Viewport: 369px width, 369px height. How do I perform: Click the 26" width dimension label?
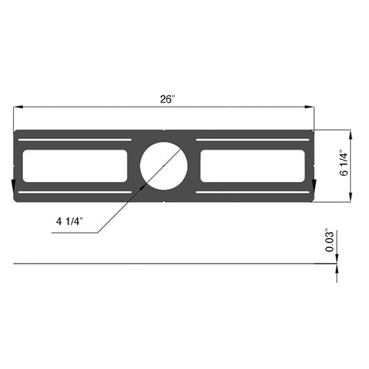(166, 99)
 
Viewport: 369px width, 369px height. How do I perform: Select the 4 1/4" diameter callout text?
(69, 222)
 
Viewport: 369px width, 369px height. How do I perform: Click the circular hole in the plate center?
(164, 165)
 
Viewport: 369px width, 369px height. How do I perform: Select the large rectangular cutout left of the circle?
(75, 165)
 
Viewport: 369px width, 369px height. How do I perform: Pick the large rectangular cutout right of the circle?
(253, 165)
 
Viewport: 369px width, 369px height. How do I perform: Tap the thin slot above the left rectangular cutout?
(75, 140)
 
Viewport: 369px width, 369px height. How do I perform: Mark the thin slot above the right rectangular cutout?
(253, 140)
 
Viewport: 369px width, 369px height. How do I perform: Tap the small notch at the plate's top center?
(164, 131)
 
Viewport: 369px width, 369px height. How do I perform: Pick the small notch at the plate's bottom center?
(164, 201)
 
